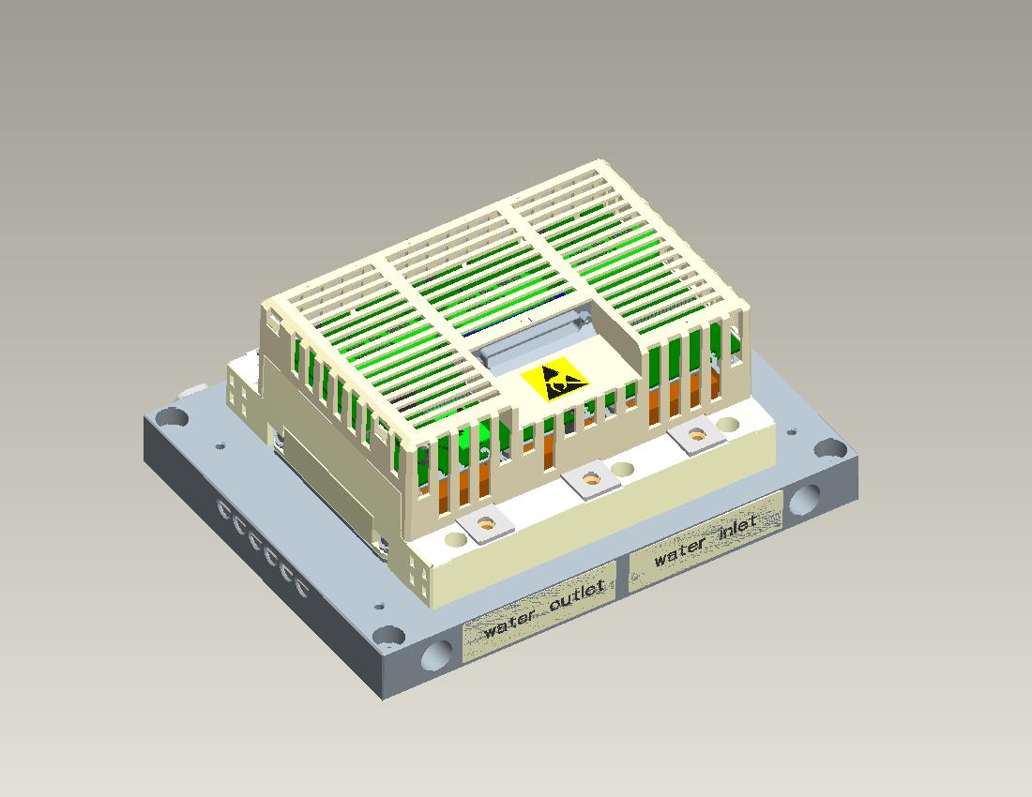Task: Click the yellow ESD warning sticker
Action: pyautogui.click(x=554, y=383)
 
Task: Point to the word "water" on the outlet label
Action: pyautogui.click(x=509, y=624)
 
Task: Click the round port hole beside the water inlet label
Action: pyautogui.click(x=804, y=503)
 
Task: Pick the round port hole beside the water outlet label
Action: pyautogui.click(x=437, y=654)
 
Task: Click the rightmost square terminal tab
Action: pyautogui.click(x=697, y=434)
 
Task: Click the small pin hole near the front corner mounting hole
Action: pyautogui.click(x=379, y=607)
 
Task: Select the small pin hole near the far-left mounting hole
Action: pyautogui.click(x=220, y=447)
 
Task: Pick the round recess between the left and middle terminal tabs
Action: pyautogui.click(x=455, y=540)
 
